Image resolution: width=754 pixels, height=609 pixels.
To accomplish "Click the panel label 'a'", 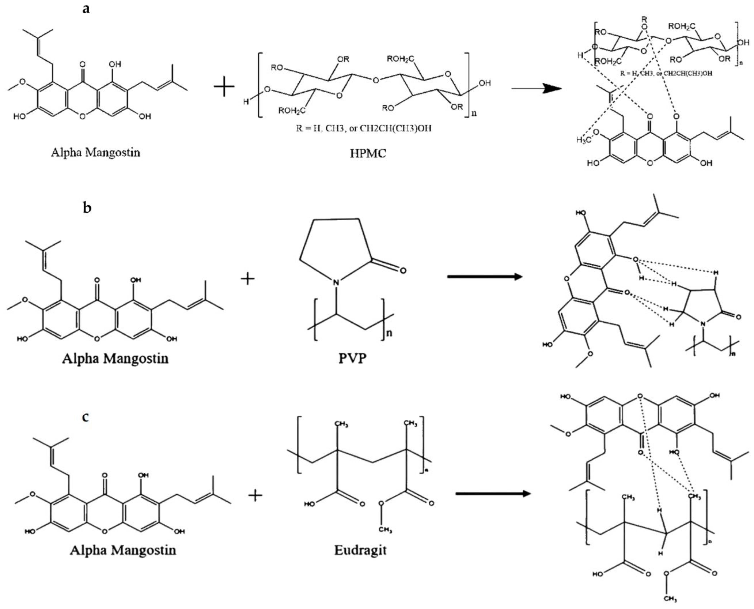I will (x=86, y=9).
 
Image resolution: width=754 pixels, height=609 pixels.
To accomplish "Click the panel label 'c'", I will (x=85, y=417).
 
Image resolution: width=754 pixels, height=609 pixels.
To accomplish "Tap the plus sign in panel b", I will (x=247, y=279).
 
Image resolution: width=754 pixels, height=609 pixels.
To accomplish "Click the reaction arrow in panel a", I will (x=536, y=88).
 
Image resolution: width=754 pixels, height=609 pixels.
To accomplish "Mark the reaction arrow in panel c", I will (x=493, y=494).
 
